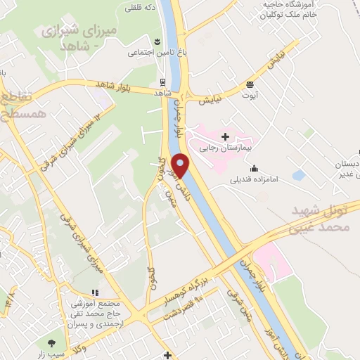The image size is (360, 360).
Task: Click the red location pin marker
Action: click(181, 167)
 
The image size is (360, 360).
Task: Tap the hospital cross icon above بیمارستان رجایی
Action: click(225, 136)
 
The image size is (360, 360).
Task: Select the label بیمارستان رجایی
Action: click(226, 148)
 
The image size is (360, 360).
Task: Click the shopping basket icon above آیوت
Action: click(250, 84)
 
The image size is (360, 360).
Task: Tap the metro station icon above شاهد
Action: click(162, 82)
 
